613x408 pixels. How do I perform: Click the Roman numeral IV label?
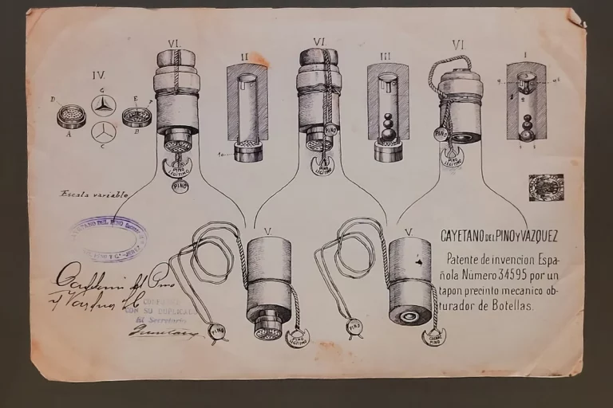99,76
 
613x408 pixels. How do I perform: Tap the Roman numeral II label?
245,57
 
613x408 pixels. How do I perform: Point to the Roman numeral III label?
386,57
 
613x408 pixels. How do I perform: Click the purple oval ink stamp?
110,237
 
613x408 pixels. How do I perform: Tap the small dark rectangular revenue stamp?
546,188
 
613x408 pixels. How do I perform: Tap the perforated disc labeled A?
71,116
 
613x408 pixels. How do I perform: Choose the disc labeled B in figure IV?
136,117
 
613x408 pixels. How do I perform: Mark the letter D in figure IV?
53,100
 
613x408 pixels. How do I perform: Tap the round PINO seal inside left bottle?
180,186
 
